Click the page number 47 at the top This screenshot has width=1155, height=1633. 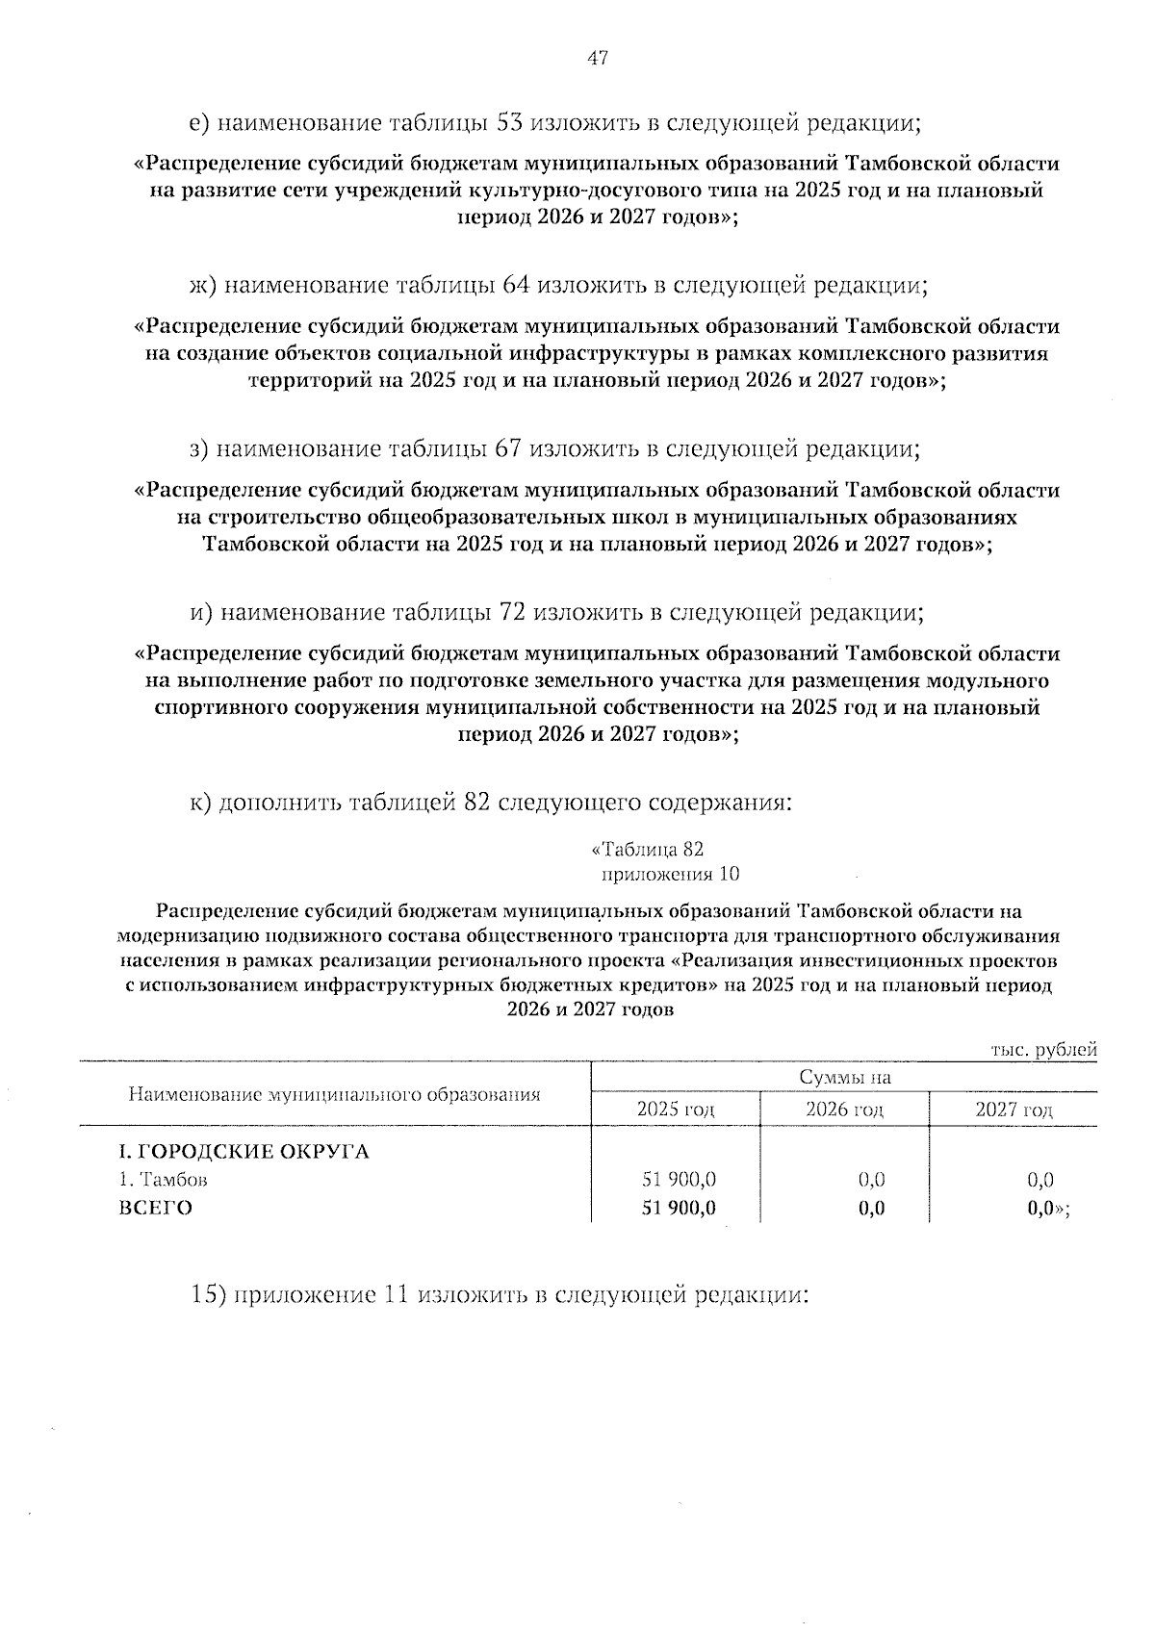[597, 59]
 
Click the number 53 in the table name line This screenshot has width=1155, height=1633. [509, 123]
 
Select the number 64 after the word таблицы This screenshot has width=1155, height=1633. [517, 286]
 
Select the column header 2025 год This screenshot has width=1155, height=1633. [676, 1109]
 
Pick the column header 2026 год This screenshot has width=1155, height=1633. [844, 1109]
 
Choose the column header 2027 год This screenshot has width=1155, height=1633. [1014, 1109]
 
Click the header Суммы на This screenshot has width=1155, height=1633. [844, 1078]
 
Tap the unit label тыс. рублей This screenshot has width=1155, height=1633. [1043, 1050]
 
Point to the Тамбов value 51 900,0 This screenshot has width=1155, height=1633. [679, 1180]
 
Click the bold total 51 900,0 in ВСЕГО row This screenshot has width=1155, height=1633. [679, 1209]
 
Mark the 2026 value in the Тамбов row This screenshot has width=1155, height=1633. [871, 1180]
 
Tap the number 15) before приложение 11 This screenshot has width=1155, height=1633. [211, 1295]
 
